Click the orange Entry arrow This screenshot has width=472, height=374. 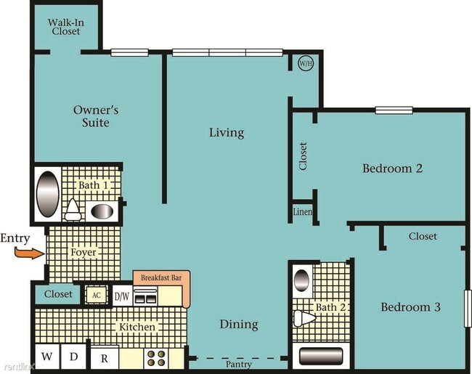click(30, 253)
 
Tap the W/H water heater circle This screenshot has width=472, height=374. click(306, 63)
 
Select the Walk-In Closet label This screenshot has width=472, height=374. click(66, 27)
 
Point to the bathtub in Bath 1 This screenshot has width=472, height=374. click(47, 194)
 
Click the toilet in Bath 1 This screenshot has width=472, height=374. click(73, 210)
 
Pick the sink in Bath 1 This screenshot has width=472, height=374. click(102, 212)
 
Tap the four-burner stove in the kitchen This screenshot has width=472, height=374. click(157, 358)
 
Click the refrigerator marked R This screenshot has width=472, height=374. click(105, 357)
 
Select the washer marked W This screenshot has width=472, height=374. click(47, 357)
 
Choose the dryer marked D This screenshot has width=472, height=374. click(74, 357)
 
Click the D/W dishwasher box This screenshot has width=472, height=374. click(122, 296)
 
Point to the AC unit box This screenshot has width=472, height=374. click(96, 295)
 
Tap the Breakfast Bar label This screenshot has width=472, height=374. click(161, 277)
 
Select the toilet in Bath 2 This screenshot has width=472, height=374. click(304, 318)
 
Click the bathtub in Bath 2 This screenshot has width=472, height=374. click(321, 357)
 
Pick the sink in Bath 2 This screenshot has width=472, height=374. click(301, 280)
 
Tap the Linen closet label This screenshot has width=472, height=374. click(303, 212)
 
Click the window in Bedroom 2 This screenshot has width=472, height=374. click(394, 110)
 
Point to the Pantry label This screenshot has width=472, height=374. click(239, 365)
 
